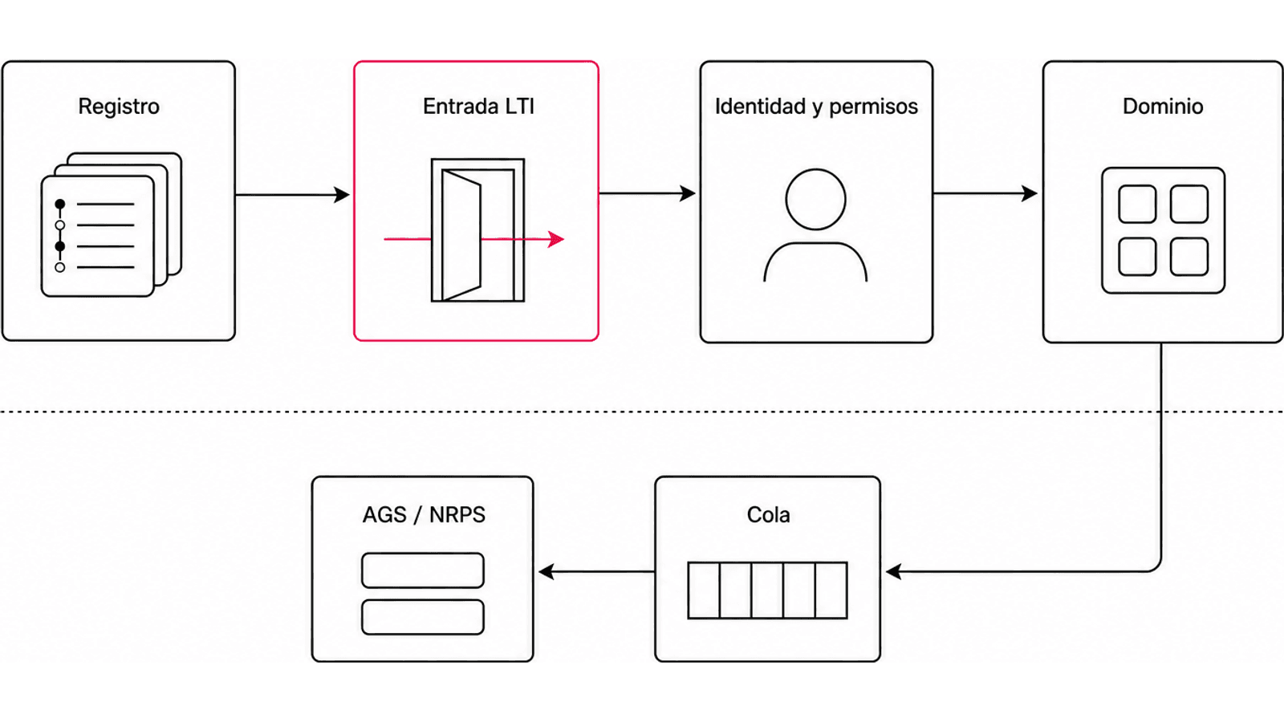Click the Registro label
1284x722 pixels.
point(119,107)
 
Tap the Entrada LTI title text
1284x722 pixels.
point(478,107)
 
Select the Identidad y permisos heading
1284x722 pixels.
point(816,107)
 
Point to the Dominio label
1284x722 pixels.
point(1163,107)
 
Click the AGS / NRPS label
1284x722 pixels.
point(424,514)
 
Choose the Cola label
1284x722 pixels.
point(768,514)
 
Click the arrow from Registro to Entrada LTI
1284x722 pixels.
point(292,195)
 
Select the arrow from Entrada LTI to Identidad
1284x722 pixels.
point(647,193)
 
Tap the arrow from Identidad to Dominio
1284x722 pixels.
point(985,193)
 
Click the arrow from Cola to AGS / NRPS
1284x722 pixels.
point(597,571)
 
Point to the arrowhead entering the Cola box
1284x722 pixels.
point(893,571)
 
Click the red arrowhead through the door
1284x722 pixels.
point(556,239)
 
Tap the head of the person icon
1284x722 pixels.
point(815,200)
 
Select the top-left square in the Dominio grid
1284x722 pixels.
point(1137,204)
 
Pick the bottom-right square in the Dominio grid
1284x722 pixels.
point(1189,256)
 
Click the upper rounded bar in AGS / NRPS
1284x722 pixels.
point(423,570)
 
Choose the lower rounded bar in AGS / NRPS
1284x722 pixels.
point(423,617)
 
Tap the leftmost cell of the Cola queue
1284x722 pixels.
point(704,590)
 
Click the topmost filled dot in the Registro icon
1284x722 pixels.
point(59,204)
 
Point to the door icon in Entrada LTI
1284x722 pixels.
point(477,229)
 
